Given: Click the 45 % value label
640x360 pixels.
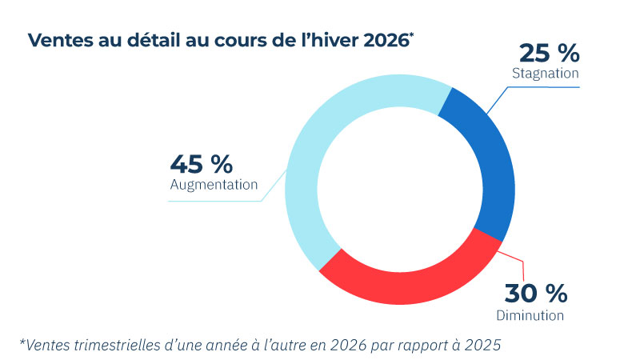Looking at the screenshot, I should coord(201,164).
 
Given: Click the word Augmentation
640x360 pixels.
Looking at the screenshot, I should coord(214,185).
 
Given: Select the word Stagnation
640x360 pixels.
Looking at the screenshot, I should coord(545,74).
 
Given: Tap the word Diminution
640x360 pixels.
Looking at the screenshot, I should coord(530,314).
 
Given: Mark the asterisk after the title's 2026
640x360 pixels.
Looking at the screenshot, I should coord(412,35).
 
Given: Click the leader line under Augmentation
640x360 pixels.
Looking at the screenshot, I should coord(216,201).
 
